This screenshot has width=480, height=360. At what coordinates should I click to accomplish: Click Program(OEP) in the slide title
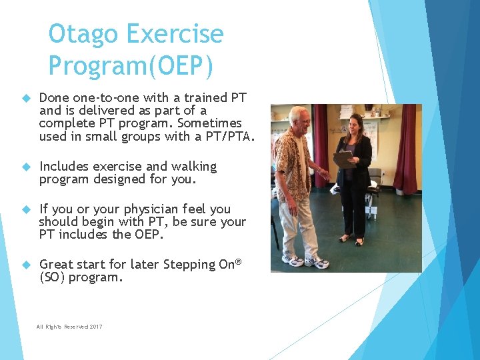131,65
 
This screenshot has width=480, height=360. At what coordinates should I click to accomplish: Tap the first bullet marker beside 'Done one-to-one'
26,98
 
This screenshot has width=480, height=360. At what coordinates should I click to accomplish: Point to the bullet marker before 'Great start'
26,265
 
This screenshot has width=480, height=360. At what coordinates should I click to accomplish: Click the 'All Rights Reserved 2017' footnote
70,326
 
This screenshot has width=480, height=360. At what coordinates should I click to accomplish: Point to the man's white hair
299,113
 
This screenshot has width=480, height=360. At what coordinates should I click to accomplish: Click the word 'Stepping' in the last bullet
189,265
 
